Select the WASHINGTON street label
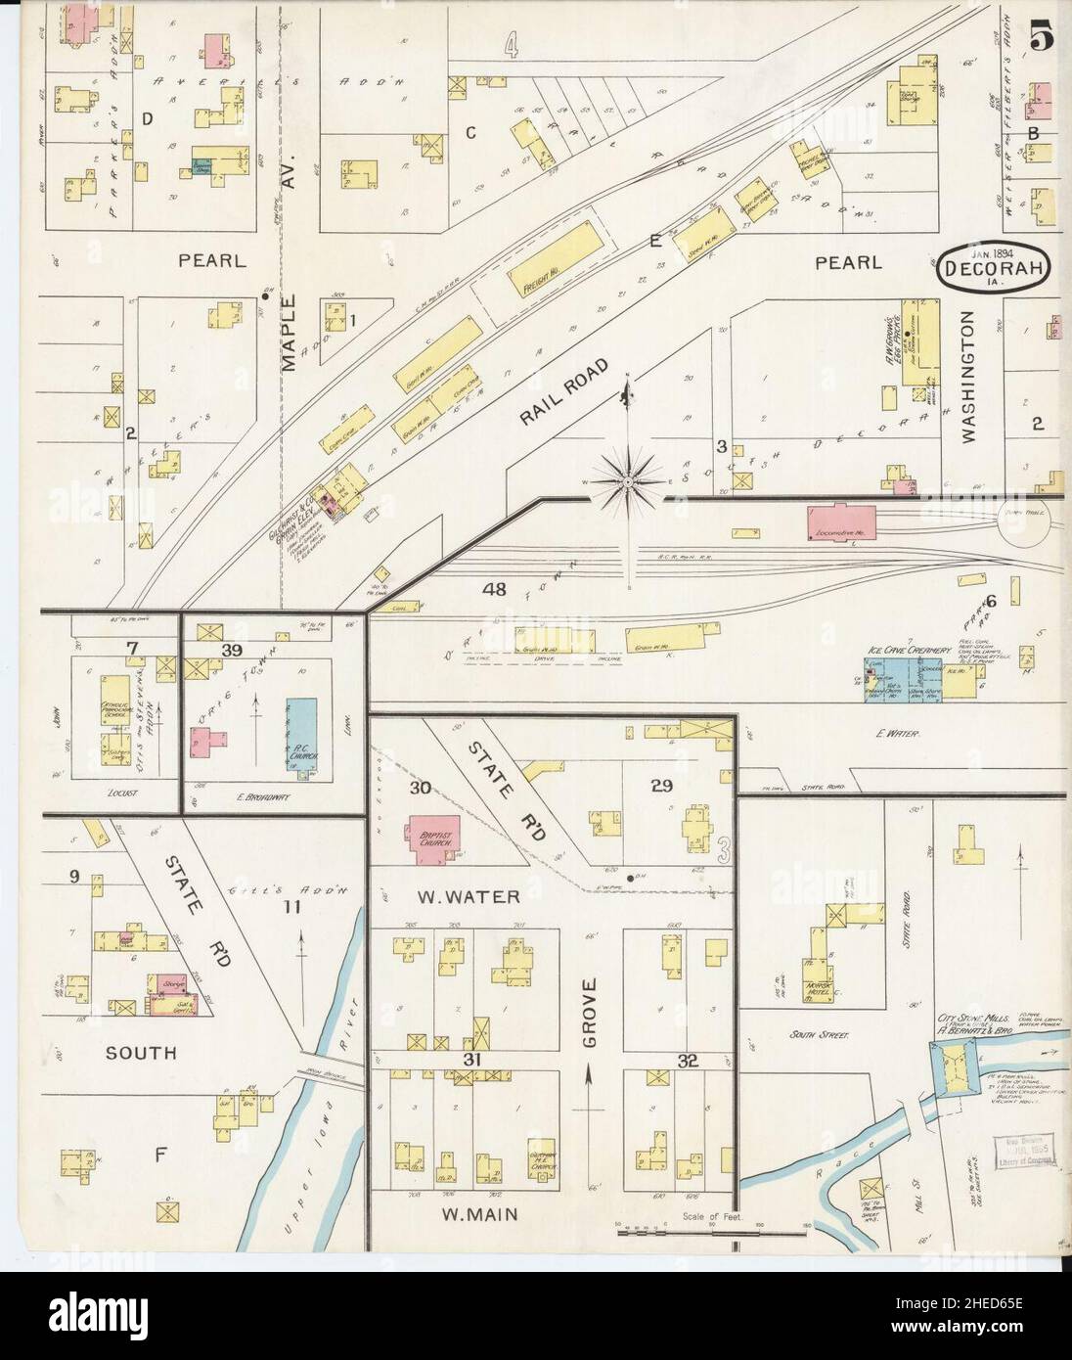point(968,378)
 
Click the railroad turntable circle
point(1023,534)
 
